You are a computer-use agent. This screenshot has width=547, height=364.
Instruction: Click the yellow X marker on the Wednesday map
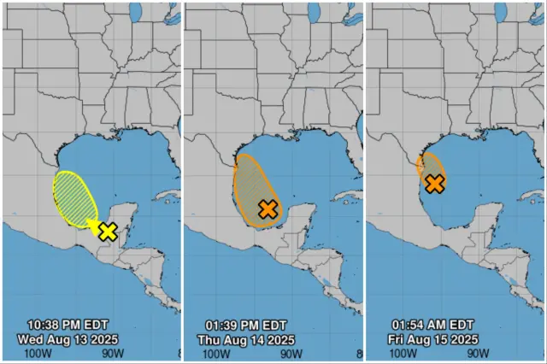[108, 231]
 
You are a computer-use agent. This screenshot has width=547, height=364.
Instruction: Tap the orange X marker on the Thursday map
[268, 208]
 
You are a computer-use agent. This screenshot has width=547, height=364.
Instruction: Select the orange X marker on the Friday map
[434, 183]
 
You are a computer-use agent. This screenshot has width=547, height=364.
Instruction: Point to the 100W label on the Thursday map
[217, 353]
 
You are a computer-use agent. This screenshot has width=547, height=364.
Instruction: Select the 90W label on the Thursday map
[291, 353]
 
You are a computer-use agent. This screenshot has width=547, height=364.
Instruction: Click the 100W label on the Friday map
[399, 353]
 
